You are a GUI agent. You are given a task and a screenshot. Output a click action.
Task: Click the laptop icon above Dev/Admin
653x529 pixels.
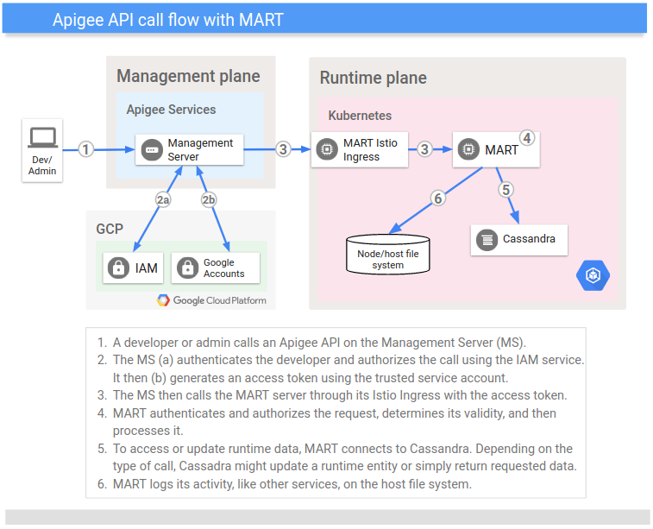(42, 137)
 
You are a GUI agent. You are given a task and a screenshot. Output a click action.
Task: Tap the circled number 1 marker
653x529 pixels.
(85, 149)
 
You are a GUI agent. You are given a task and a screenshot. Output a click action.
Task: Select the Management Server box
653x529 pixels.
(189, 150)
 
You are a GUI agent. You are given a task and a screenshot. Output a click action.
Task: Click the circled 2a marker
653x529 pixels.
(163, 199)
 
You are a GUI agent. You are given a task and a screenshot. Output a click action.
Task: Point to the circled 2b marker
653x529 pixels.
(210, 199)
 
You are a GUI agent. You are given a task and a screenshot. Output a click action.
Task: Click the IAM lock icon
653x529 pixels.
(117, 268)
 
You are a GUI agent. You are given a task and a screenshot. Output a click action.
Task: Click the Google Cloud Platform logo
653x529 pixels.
(211, 300)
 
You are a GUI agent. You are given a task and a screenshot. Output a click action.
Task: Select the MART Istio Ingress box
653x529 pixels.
(359, 150)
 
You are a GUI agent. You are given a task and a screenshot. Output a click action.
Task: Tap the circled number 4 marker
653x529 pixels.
(526, 138)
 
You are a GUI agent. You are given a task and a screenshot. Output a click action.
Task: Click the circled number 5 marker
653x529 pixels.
(506, 190)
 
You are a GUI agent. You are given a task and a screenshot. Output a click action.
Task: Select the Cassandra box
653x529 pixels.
(518, 239)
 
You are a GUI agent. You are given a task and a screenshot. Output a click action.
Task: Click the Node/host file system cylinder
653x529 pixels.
(387, 254)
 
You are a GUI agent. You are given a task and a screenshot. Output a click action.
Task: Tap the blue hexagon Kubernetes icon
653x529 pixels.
(593, 275)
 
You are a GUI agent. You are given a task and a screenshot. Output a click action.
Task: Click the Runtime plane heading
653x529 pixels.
(373, 79)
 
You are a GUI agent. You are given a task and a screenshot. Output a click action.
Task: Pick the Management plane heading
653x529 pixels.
(188, 76)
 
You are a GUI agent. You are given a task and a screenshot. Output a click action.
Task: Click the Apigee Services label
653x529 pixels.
(171, 110)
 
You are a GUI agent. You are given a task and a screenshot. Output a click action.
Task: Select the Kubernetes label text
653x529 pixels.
(360, 116)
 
